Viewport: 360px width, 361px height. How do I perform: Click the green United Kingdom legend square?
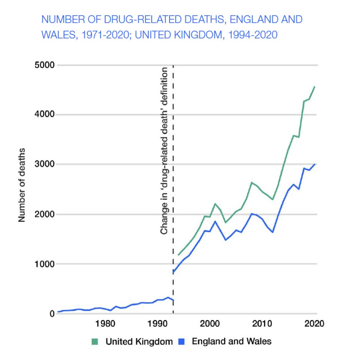(94, 342)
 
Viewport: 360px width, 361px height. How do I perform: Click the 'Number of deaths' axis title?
(22, 185)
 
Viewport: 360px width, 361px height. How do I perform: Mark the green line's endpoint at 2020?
(315, 87)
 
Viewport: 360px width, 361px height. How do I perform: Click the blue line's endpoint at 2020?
(315, 164)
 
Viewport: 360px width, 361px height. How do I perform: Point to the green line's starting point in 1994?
(179, 255)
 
